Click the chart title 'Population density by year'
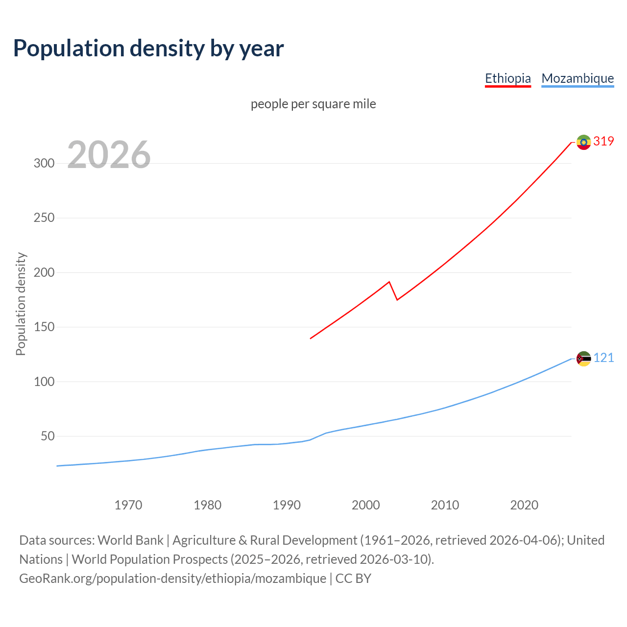148,48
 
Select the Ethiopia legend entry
507,78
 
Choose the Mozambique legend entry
578,78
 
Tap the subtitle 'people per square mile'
313,104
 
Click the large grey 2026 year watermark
109,155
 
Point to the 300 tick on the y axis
44,164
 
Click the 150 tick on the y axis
44,327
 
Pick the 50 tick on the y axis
47,436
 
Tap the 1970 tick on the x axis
128,505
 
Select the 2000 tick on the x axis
365,505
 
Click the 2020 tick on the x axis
524,505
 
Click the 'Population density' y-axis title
21,304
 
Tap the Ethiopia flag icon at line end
583,142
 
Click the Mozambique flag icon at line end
583,359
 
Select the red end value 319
603,142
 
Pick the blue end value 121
603,358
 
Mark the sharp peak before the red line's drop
389,282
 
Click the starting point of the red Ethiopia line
311,338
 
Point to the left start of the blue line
57,466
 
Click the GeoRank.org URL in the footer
172,579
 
